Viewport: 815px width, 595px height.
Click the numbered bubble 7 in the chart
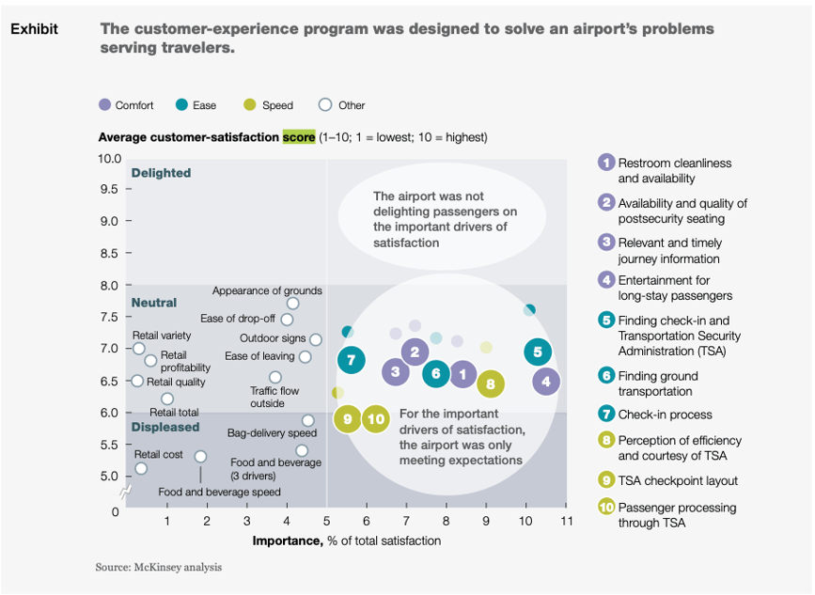(x=351, y=360)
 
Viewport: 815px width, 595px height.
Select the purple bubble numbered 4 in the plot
(x=546, y=382)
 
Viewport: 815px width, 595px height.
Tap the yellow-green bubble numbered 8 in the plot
(x=490, y=384)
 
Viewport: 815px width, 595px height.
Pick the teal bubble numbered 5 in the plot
(x=537, y=352)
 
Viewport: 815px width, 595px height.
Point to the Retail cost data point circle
(x=141, y=468)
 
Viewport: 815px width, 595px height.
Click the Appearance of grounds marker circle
(x=292, y=304)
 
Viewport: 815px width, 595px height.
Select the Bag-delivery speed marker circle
(x=307, y=420)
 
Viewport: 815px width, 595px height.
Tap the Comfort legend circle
(x=104, y=105)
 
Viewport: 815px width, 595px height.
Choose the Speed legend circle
(x=249, y=105)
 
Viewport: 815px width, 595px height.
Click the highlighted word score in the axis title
(x=298, y=137)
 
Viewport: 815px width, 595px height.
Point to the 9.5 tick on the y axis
(x=110, y=189)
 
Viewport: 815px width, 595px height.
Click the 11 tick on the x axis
(x=565, y=521)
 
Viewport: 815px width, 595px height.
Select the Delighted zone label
(x=161, y=173)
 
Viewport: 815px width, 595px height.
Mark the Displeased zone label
(x=165, y=427)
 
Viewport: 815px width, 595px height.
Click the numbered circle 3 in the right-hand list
(x=606, y=242)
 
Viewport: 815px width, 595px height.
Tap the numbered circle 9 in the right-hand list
(x=606, y=480)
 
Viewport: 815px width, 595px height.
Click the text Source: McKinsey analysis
(x=158, y=568)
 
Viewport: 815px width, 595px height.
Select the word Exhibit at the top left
(x=34, y=29)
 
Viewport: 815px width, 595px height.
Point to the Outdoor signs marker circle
(x=316, y=339)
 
